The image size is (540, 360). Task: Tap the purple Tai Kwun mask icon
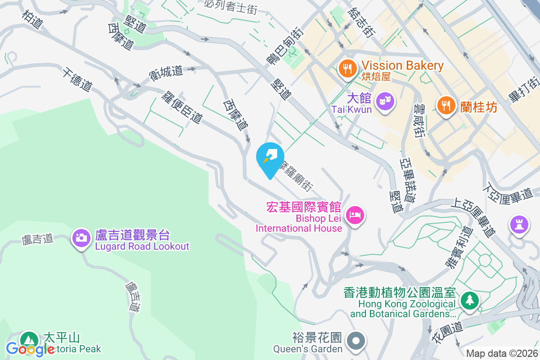[386, 100]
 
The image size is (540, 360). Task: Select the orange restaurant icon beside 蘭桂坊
[446, 106]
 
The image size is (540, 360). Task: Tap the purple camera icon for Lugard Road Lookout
[81, 237]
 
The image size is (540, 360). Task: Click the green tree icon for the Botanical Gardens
[469, 300]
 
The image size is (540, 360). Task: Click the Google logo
[30, 349]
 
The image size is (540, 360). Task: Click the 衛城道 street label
[166, 72]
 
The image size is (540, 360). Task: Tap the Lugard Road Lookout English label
[142, 247]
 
